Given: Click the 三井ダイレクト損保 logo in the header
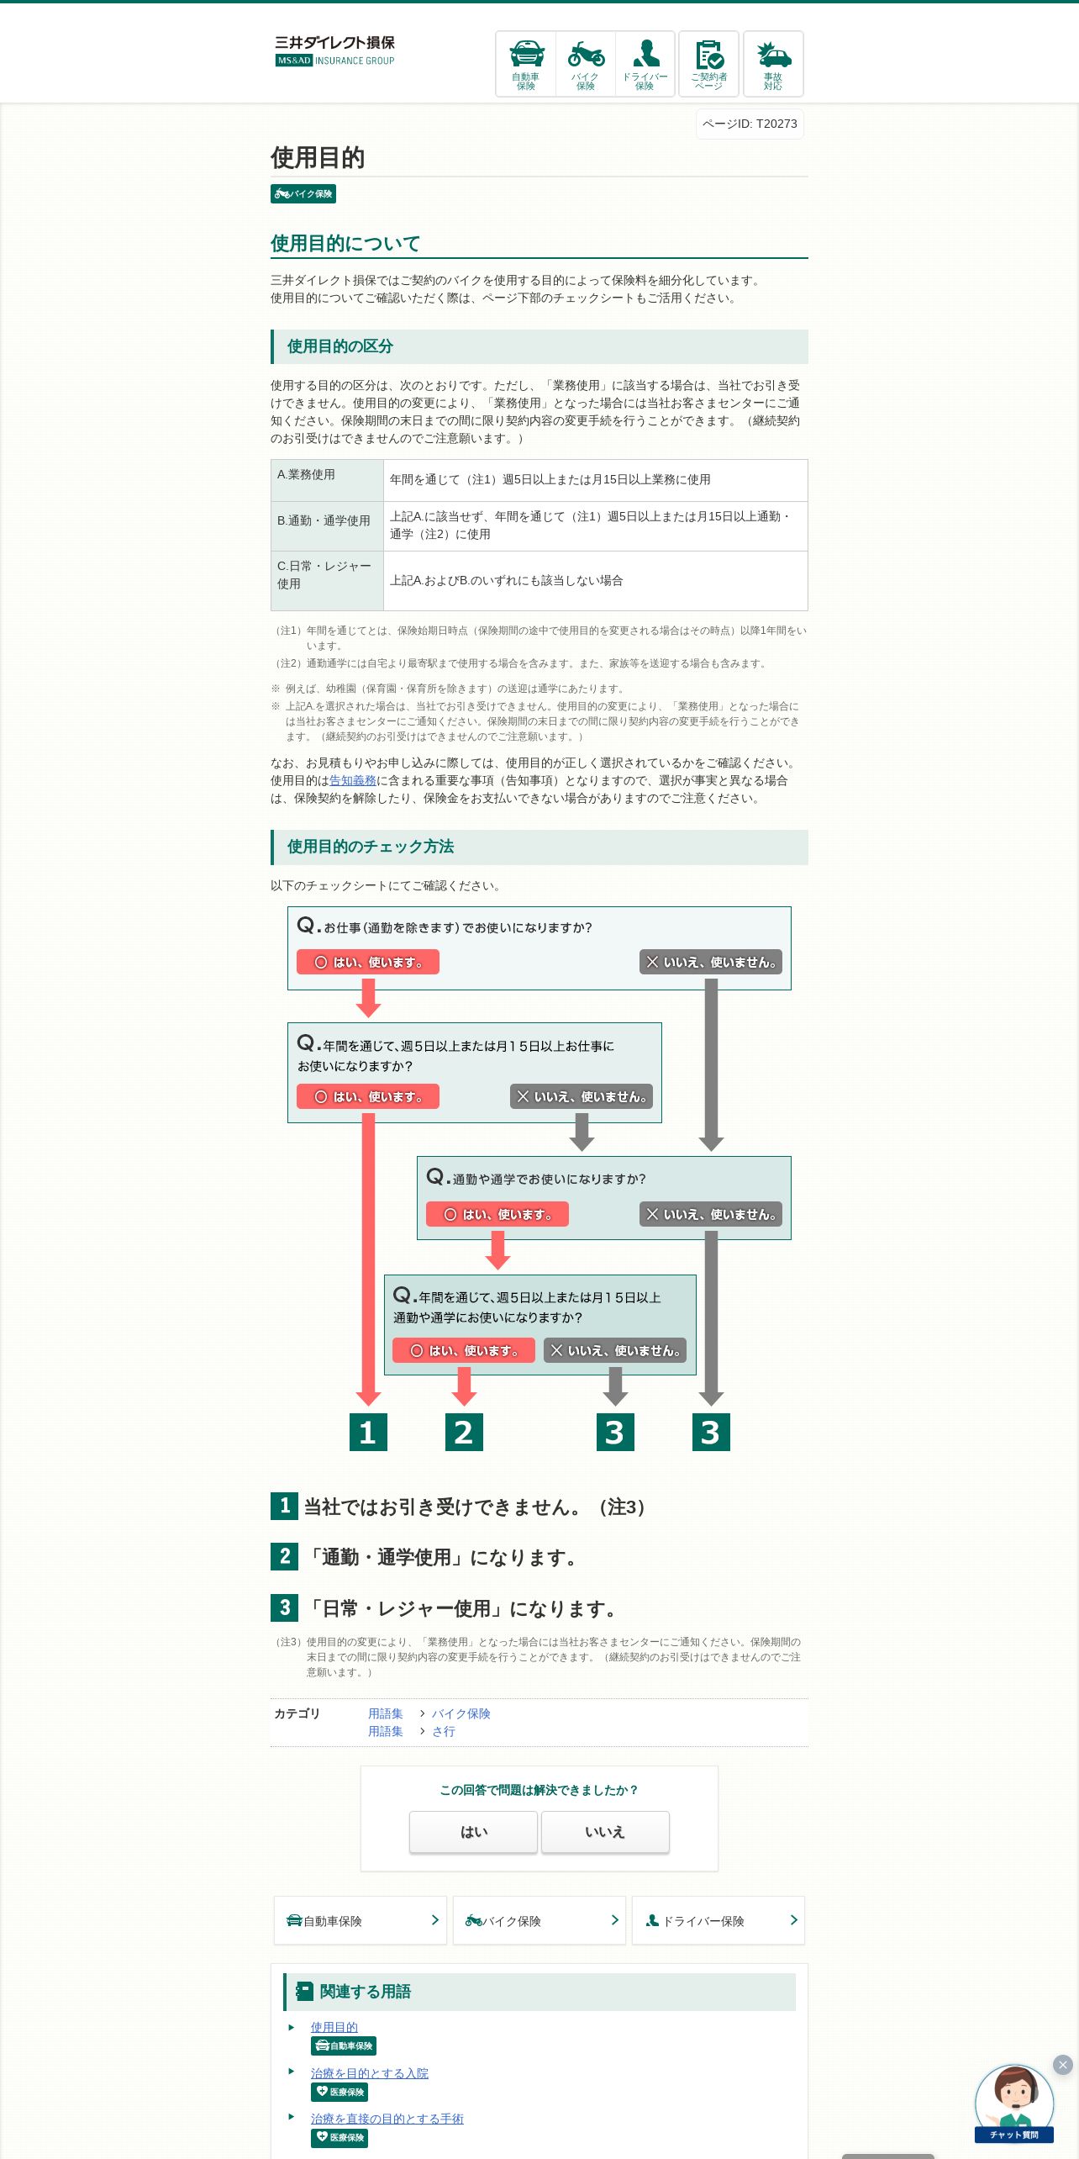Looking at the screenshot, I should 334,50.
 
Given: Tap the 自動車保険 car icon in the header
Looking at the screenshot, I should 526,64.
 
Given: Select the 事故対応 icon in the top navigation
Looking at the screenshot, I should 773,64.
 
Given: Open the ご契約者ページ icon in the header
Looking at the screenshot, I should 708,64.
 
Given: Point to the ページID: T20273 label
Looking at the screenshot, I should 750,124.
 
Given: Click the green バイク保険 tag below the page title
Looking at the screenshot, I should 303,194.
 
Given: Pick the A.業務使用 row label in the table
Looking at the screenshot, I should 307,475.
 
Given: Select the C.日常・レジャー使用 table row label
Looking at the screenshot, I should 324,575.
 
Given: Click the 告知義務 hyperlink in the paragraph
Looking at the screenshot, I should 353,781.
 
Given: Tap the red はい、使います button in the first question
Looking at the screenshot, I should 368,962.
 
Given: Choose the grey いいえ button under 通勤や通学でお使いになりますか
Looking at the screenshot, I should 711,1214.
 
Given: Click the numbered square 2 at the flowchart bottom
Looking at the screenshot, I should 464,1433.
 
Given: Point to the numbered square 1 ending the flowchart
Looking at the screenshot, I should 368,1433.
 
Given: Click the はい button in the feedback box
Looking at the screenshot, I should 473,1832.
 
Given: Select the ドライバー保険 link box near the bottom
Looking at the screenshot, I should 718,1921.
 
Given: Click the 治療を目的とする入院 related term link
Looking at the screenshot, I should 370,2073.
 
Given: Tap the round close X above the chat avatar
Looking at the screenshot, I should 1063,2065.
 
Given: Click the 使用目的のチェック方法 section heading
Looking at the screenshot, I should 371,847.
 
